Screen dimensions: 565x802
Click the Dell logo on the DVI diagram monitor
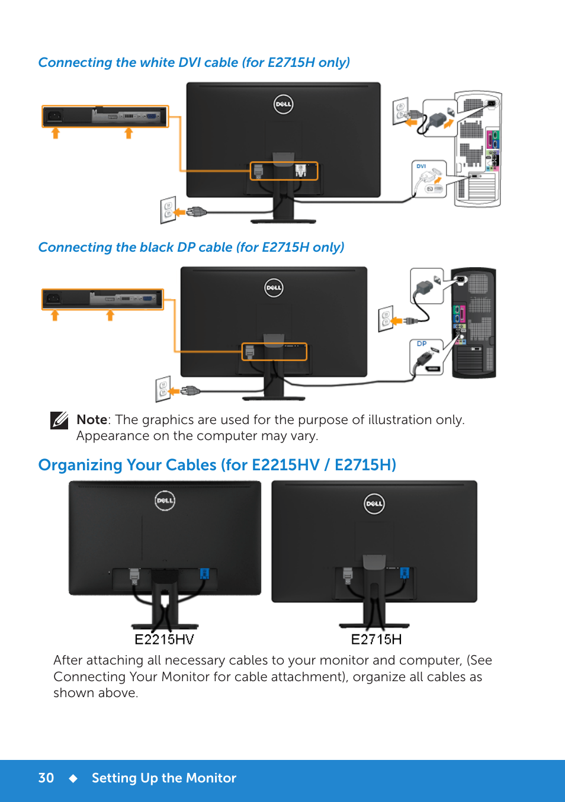pos(283,104)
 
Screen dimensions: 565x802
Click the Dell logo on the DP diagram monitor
pos(274,288)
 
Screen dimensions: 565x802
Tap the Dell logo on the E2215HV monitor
pos(165,500)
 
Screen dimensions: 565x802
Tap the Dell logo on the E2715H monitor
pos(374,503)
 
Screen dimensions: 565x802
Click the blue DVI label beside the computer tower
pos(421,166)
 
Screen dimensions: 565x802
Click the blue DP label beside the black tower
pos(422,344)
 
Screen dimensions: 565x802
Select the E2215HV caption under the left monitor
pos(164,639)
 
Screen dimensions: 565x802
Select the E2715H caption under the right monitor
pos(376,639)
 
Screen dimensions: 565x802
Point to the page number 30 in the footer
pos(46,778)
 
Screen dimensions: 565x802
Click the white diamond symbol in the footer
pos(73,778)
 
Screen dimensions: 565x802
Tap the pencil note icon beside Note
pos(59,421)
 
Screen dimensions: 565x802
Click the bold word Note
pos(92,419)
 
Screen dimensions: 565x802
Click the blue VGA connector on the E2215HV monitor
pos(204,574)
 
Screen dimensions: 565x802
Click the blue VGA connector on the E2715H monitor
pos(405,573)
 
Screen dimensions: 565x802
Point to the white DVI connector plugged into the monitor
pos(301,170)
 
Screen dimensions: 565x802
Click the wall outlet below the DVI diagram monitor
pos(168,210)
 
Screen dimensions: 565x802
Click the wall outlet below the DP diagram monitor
pos(163,389)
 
